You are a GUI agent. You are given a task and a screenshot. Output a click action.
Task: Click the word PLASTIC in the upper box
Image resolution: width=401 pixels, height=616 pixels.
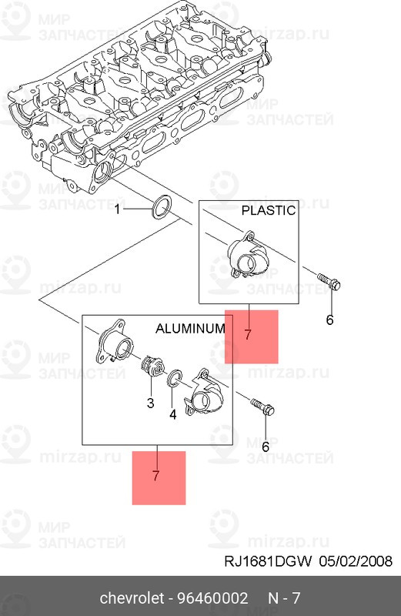coord(269,210)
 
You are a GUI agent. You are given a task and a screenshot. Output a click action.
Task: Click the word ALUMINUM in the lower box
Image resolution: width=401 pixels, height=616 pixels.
coord(190,329)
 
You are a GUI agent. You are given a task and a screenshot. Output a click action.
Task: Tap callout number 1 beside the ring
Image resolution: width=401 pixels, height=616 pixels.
coord(118,209)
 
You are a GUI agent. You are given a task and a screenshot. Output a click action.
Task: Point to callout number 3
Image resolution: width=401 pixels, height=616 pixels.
coord(150,403)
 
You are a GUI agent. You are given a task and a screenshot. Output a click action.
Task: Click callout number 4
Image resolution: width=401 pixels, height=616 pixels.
coord(173,414)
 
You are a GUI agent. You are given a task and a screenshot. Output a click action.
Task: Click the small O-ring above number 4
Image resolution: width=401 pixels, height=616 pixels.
coord(174,378)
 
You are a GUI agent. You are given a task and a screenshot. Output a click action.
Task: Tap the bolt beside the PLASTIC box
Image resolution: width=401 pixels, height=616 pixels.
coord(329,282)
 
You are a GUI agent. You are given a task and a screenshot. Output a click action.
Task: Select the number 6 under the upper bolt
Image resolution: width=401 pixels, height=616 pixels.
coord(330,320)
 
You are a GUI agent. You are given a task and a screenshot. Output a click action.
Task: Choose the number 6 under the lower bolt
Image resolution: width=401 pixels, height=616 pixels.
coord(266,447)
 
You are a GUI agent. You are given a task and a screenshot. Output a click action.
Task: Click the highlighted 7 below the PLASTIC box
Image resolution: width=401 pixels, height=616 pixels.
coord(247,335)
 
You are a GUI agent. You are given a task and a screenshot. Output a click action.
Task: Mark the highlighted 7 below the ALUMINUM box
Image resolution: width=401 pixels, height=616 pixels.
coord(155,476)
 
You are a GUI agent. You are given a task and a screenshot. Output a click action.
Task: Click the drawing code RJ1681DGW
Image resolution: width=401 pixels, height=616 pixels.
coord(269,561)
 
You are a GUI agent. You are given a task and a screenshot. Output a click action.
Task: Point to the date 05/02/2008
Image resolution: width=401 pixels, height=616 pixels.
coord(356,561)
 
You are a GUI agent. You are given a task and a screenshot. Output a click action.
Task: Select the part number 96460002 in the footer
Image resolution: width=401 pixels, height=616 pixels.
coord(213,598)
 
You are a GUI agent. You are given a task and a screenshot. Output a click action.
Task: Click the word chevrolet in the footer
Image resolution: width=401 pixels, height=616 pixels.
coord(132,598)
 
